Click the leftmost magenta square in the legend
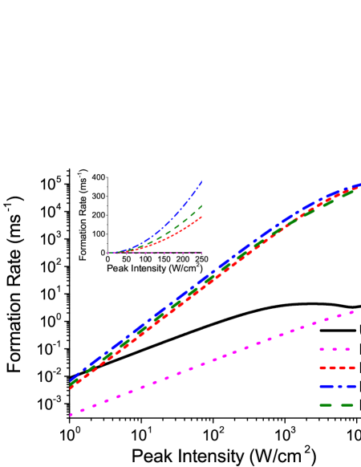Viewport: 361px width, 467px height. tap(322, 349)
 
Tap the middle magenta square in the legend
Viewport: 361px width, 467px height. tap(335, 349)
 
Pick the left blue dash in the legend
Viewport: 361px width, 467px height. tap(326, 386)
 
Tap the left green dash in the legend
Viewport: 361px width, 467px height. tap(326, 405)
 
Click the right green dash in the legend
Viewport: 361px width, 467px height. tap(347, 405)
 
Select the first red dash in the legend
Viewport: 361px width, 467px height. tap(322, 368)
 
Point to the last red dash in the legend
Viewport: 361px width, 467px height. tap(351, 368)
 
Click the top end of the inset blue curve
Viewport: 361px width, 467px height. tap(201, 181)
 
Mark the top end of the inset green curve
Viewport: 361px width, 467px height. tap(201, 205)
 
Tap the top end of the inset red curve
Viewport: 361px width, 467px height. tap(201, 216)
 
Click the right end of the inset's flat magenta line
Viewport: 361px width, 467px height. tap(201, 253)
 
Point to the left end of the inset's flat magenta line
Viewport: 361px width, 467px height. tap(108, 253)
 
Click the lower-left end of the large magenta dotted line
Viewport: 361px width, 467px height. tap(71, 415)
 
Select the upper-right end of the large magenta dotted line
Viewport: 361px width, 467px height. tap(352, 312)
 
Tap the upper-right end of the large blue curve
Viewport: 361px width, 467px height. tap(359, 184)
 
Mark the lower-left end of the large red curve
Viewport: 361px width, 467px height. tap(71, 387)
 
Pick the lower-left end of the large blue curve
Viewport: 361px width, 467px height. tap(71, 380)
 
